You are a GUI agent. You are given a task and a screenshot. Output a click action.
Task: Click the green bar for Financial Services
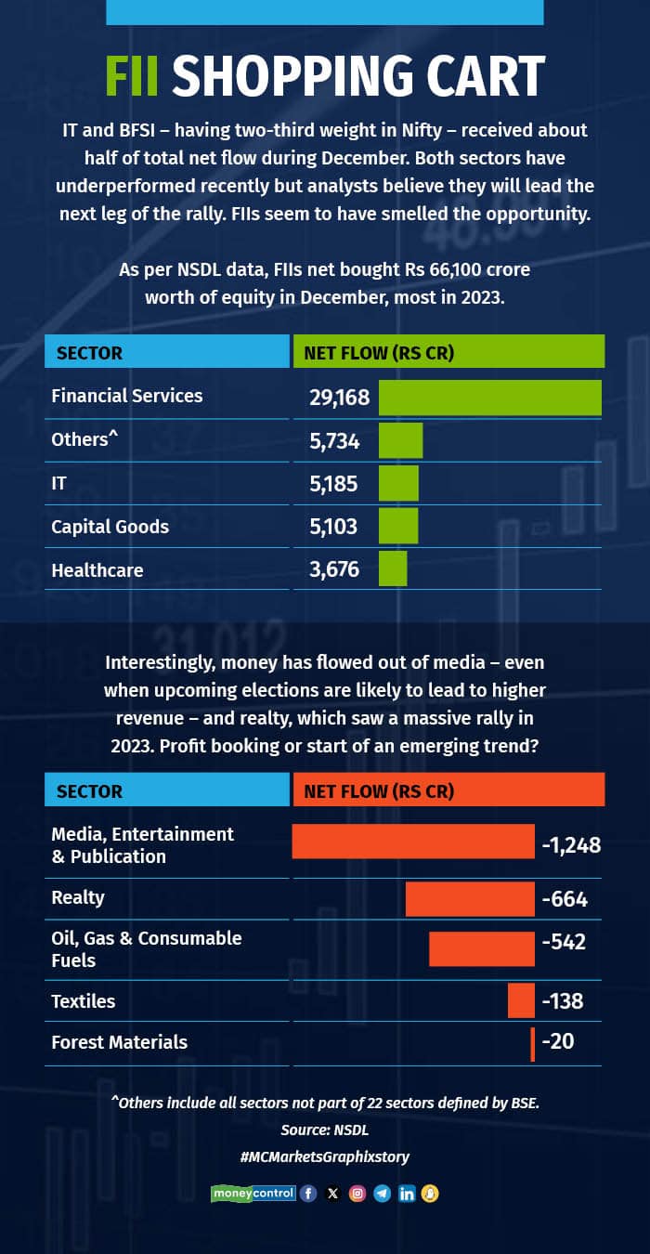click(x=490, y=397)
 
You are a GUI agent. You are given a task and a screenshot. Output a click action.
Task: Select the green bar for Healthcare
click(x=393, y=568)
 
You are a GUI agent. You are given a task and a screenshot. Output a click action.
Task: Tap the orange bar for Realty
click(x=470, y=898)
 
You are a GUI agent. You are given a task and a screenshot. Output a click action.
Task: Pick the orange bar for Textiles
click(x=521, y=1000)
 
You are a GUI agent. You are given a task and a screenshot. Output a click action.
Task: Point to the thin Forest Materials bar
click(x=533, y=1043)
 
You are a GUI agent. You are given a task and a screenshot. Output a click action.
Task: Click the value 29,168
click(x=339, y=398)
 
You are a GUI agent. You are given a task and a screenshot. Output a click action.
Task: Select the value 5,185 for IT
click(x=333, y=483)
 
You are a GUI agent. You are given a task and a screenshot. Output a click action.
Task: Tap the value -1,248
click(x=571, y=845)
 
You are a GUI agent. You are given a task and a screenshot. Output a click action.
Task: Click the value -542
click(x=564, y=942)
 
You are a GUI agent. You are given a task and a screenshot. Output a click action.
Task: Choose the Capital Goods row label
click(x=110, y=527)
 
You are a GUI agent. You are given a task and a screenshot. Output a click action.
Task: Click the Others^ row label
click(x=85, y=439)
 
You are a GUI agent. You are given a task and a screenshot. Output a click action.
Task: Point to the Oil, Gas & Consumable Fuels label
click(x=146, y=948)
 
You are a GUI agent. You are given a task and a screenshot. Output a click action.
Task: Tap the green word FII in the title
click(x=134, y=76)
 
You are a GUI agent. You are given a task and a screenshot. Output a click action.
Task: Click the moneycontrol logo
click(x=253, y=1194)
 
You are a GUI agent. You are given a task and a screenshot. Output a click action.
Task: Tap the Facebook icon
click(x=309, y=1194)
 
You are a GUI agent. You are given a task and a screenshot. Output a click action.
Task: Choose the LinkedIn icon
click(x=406, y=1194)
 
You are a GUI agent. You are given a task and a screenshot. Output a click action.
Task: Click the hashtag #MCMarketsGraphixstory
click(x=324, y=1156)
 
